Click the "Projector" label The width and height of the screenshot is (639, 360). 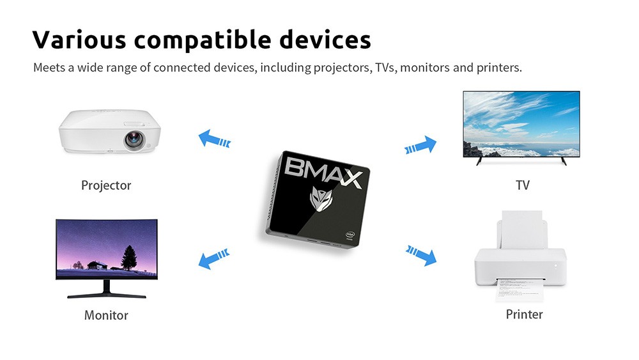[x=106, y=185]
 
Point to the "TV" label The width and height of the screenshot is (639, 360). [x=523, y=185]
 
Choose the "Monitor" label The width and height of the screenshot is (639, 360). [x=106, y=315]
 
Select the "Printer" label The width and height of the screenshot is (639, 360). [x=524, y=314]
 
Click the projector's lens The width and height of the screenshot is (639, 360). [x=134, y=139]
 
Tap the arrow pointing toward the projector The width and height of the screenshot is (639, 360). [x=214, y=139]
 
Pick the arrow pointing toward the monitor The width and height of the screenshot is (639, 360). [x=213, y=258]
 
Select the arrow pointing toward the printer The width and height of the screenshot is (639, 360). [x=421, y=254]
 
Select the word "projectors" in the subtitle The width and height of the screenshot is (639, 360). [x=339, y=67]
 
